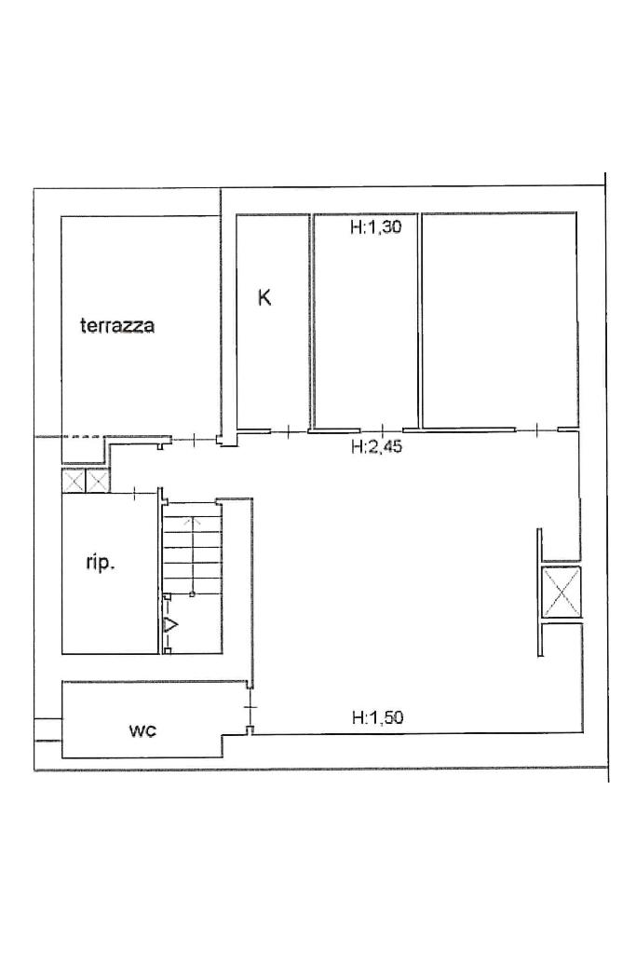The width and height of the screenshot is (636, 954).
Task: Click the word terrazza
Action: (x=117, y=325)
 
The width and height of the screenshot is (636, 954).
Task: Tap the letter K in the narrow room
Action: (x=264, y=297)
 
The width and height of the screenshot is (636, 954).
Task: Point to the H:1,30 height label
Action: (x=376, y=227)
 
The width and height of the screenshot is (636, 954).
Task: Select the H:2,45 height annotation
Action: (x=377, y=447)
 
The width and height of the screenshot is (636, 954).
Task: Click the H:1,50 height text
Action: (x=377, y=717)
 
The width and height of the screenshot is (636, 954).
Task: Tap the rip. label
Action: (x=101, y=564)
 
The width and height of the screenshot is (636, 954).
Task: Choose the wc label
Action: (x=142, y=730)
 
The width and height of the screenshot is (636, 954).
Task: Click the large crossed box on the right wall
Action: (x=562, y=592)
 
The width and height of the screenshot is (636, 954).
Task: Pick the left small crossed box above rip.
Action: (x=74, y=482)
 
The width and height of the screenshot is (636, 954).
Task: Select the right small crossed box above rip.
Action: (x=97, y=482)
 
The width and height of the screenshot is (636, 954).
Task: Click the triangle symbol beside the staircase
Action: (x=170, y=624)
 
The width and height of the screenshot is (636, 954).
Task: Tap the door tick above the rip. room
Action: (x=135, y=492)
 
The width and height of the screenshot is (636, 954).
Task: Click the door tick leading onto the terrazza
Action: (x=194, y=438)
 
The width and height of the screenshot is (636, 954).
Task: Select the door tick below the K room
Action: (x=290, y=431)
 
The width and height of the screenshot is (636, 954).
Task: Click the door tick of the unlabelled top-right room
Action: (x=537, y=430)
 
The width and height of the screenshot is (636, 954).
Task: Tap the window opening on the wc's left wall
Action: (x=48, y=730)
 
